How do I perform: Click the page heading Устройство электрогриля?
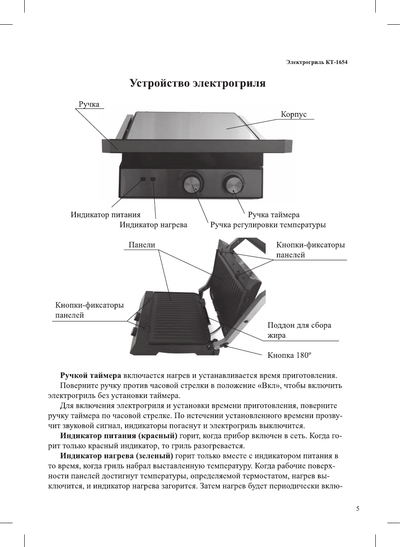click(x=197, y=83)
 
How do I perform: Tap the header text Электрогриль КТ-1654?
click(x=317, y=62)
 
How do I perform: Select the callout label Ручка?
click(x=89, y=104)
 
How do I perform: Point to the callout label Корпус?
click(x=293, y=114)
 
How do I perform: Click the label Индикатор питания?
click(x=105, y=215)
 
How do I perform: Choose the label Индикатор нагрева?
click(x=153, y=225)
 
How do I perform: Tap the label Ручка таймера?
click(x=274, y=215)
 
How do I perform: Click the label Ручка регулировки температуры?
click(x=268, y=225)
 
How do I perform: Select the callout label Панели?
click(x=142, y=245)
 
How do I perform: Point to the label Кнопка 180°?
click(x=289, y=355)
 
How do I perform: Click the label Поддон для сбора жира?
click(x=299, y=330)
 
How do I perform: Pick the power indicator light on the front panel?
click(x=143, y=179)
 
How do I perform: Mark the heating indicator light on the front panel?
click(x=153, y=179)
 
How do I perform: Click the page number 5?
click(x=358, y=508)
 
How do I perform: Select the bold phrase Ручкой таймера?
click(x=90, y=375)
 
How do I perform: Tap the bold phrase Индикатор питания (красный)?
click(x=118, y=436)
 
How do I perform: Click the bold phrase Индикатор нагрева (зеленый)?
click(x=116, y=456)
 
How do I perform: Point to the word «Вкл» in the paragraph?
click(x=269, y=385)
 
